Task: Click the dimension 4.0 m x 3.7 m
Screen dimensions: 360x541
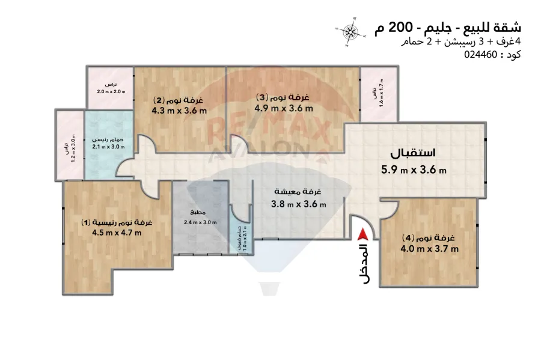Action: point(431,249)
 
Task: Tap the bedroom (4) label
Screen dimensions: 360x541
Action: point(430,237)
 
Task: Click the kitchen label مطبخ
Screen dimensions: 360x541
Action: point(199,213)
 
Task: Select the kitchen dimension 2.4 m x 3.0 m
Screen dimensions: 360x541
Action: point(200,222)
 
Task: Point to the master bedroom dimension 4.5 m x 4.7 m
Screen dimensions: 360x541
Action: point(117,233)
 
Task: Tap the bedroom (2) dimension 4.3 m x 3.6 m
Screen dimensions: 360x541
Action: point(179,110)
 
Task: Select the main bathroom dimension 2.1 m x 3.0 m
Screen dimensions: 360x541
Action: point(108,146)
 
